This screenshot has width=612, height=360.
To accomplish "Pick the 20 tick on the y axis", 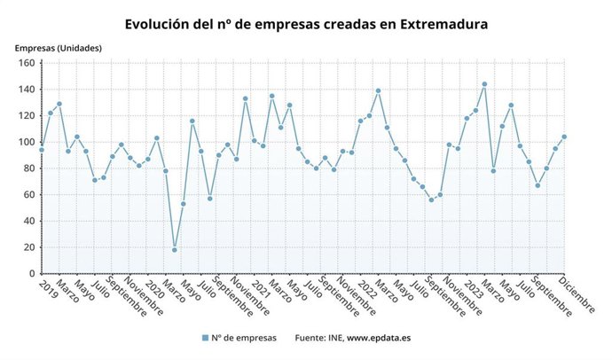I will [x=27, y=247].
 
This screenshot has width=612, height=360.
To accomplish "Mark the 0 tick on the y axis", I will [x=30, y=274].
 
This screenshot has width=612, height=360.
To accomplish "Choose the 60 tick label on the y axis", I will [x=27, y=195].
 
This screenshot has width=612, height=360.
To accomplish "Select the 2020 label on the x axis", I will [x=153, y=290].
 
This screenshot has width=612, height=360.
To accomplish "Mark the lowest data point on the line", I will [x=174, y=250].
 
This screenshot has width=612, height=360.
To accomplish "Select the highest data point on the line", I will [x=484, y=84].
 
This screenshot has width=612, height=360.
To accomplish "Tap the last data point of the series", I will [x=564, y=137].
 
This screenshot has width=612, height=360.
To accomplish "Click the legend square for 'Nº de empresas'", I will [x=204, y=338].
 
